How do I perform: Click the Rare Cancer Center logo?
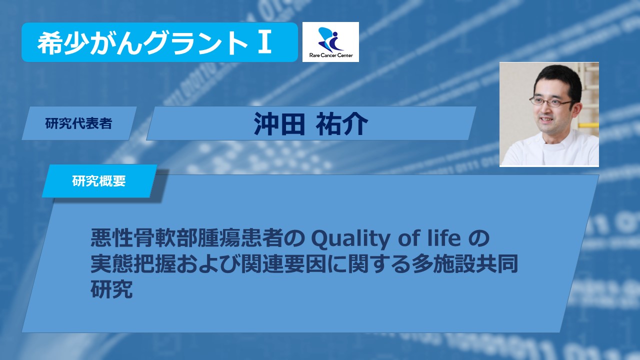tap(330, 42)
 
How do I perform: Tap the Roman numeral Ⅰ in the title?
tap(264, 42)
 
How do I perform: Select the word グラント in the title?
tap(195, 43)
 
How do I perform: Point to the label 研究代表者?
tap(78, 123)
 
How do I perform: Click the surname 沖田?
tap(279, 123)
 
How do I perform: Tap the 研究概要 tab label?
tap(99, 181)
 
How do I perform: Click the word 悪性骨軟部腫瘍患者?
tap(187, 238)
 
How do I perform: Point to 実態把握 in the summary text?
tap(133, 264)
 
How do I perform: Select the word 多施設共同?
tap(465, 264)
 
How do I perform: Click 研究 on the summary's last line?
tap(111, 289)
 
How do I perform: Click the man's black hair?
tap(557, 77)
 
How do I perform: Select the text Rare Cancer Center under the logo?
tap(331, 55)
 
